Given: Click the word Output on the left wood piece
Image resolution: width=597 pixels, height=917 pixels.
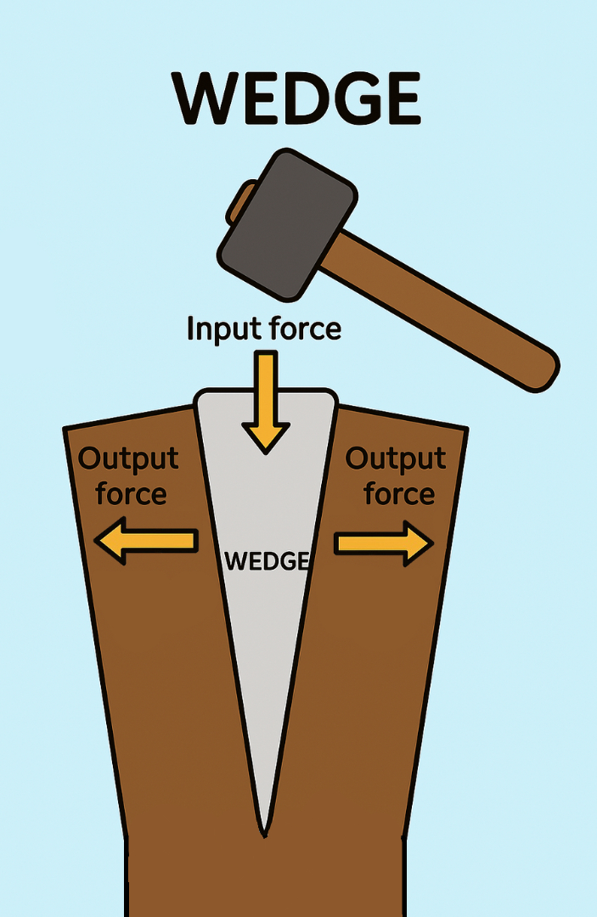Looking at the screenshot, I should pyautogui.click(x=128, y=458).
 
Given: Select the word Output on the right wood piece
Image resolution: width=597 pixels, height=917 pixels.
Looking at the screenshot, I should pyautogui.click(x=396, y=458).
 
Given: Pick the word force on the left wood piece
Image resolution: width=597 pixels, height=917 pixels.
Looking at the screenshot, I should pyautogui.click(x=131, y=493).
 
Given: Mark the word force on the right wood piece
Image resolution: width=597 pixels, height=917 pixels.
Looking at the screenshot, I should pyautogui.click(x=399, y=493).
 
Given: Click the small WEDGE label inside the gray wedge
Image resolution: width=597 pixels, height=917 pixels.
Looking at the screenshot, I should pyautogui.click(x=265, y=561).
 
